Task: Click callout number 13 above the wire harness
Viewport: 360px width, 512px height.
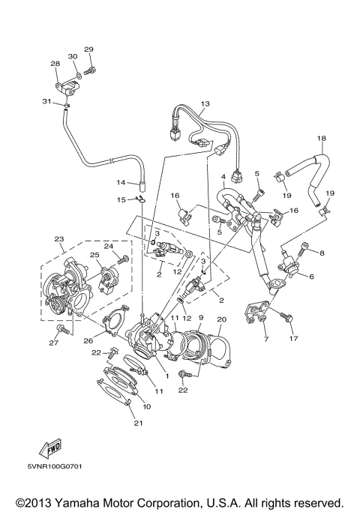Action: pos(204,103)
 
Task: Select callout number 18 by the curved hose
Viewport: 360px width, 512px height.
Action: pos(322,139)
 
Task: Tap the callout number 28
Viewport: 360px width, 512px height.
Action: pos(55,64)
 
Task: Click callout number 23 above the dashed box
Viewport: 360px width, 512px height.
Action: pos(58,240)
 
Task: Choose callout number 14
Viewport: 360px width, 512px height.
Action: pos(120,182)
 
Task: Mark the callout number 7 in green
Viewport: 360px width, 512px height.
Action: pos(264,339)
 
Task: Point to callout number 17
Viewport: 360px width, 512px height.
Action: pos(293,338)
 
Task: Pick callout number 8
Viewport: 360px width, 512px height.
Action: pos(322,253)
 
